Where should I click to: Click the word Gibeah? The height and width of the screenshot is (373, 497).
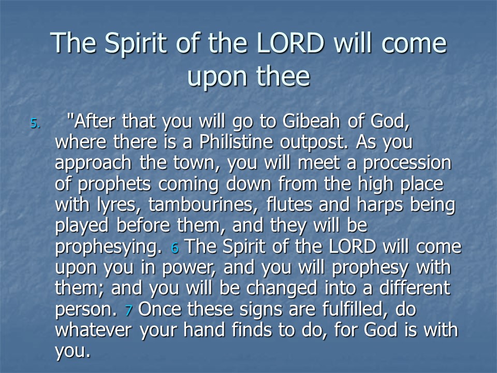[x=311, y=121]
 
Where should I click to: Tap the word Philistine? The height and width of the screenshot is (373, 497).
[x=236, y=141]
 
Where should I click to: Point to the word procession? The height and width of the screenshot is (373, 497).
[x=407, y=164]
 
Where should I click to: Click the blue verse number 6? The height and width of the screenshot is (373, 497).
[x=174, y=248]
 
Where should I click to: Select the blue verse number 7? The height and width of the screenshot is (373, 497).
[x=128, y=310]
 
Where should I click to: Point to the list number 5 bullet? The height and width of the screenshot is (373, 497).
[x=35, y=123]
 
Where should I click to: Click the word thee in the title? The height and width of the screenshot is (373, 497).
[x=283, y=76]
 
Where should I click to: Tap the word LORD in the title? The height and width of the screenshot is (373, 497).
[x=290, y=43]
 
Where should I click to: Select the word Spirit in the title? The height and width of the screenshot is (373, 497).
[x=136, y=44]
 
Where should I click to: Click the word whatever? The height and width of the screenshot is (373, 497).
[x=93, y=330]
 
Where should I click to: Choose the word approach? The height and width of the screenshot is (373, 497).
[x=93, y=164]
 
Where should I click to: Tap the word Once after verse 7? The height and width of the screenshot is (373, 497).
[x=160, y=309]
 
